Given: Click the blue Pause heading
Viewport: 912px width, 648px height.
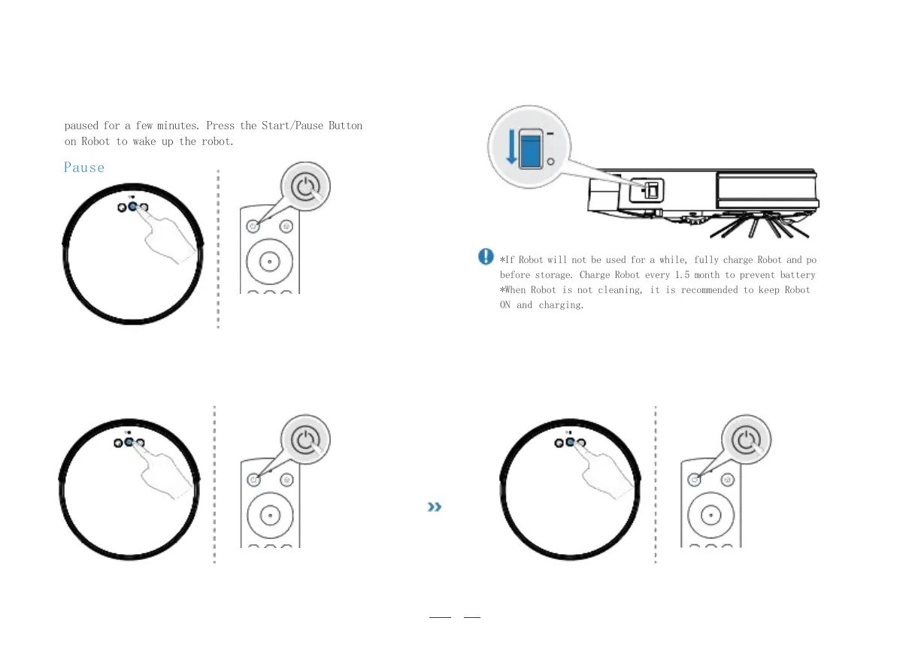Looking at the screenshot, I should pos(84,168).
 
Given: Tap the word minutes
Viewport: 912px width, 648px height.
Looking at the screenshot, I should pos(177,126).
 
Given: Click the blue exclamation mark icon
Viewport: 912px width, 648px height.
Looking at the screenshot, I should pos(486,257).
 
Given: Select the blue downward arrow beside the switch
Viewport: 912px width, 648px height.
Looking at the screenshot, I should pos(511,147).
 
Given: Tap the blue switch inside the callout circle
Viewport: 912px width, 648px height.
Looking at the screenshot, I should pos(532,153).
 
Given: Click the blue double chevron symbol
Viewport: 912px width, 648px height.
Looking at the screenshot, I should pos(434,507).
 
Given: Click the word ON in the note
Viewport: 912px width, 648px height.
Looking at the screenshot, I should pos(505,305).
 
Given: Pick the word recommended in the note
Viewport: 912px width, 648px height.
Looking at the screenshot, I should pos(709,290).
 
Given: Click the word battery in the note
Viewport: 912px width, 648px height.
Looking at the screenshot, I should pos(797,275).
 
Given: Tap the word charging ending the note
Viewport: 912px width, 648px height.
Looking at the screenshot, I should pos(561,305).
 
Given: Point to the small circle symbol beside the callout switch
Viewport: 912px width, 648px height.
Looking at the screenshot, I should pos(550,162).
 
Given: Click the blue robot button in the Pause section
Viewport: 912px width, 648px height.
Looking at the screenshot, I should pos(132,208).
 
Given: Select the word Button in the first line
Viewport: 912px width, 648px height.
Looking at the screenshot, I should pos(345,126).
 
